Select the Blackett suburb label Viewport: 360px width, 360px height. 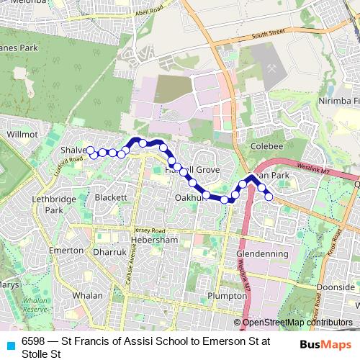point(110,197)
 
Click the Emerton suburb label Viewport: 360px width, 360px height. point(66,250)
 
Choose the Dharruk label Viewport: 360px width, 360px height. point(109,253)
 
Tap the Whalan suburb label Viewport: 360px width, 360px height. point(87,295)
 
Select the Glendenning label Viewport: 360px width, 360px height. point(262,253)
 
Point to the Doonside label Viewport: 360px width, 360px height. point(336,287)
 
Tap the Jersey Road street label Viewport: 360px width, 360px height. point(150,229)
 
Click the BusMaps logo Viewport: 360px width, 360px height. point(325,344)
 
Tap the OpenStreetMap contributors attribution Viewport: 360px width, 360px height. point(297,323)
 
